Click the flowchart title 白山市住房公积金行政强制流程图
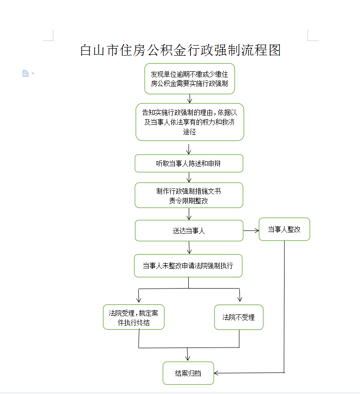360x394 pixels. click(180, 50)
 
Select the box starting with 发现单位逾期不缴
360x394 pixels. click(190, 79)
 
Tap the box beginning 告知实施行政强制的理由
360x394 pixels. click(190, 122)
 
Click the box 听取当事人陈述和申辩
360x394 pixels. click(189, 163)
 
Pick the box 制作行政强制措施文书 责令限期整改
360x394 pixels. click(189, 195)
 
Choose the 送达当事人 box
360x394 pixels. click(189, 231)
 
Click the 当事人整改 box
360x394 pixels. click(285, 229)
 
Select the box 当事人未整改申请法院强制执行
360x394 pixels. click(188, 266)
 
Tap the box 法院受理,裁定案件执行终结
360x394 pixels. click(134, 317)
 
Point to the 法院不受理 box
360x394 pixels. click(239, 317)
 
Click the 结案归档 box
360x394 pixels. click(188, 373)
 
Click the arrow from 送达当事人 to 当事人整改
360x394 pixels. click(251, 231)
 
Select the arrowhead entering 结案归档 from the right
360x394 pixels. click(216, 373)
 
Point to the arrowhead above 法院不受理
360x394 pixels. click(240, 299)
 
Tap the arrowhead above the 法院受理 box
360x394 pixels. click(139, 300)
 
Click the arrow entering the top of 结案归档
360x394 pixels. click(187, 354)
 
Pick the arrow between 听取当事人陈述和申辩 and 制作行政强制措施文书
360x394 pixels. click(189, 177)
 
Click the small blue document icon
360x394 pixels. click(25, 73)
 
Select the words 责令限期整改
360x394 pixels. click(189, 201)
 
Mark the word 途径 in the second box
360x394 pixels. click(189, 132)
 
